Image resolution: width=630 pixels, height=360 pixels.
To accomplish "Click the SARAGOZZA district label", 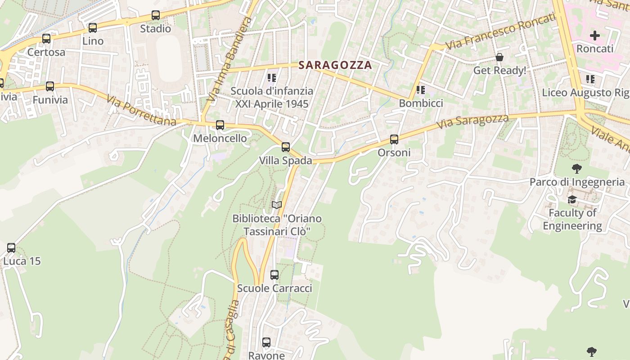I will pyautogui.click(x=335, y=65).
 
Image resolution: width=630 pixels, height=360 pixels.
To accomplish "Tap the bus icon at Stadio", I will pyautogui.click(x=156, y=15).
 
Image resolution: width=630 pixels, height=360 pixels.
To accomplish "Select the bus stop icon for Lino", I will pyautogui.click(x=93, y=28).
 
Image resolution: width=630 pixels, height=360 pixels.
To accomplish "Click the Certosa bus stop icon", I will pyautogui.click(x=46, y=39).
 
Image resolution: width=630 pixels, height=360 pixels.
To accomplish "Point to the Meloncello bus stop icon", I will pyautogui.click(x=220, y=125).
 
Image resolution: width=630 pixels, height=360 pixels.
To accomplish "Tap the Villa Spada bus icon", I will pyautogui.click(x=286, y=147).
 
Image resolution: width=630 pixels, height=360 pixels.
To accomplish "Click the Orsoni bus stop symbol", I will pyautogui.click(x=394, y=139).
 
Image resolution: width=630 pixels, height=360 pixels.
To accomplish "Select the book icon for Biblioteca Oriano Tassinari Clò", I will pyautogui.click(x=277, y=205).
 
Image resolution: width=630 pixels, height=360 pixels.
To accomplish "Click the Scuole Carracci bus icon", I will pyautogui.click(x=274, y=275).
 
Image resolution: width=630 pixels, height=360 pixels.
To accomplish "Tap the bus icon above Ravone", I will pyautogui.click(x=266, y=342).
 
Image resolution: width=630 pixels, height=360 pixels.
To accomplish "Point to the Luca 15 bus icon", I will pyautogui.click(x=11, y=248).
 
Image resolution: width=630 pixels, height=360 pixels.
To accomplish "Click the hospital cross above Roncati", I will pyautogui.click(x=595, y=35).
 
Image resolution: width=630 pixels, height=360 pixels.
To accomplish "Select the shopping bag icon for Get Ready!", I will pyautogui.click(x=499, y=57).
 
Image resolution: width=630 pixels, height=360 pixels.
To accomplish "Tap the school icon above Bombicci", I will pyautogui.click(x=421, y=90).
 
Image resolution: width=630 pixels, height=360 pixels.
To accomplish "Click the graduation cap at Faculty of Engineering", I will pyautogui.click(x=572, y=199).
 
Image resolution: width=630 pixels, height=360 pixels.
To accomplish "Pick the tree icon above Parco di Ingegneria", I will pyautogui.click(x=577, y=169).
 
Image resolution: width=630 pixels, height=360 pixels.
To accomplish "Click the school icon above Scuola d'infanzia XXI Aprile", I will pyautogui.click(x=272, y=78).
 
